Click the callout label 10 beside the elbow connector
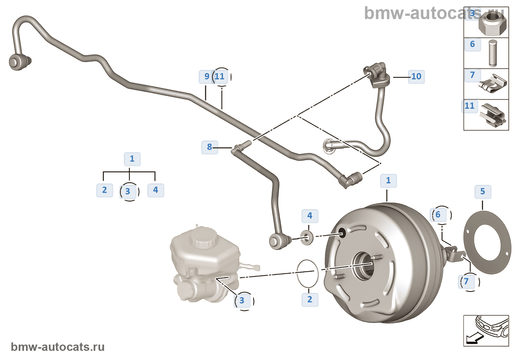(x=416, y=76)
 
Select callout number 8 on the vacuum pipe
(x=210, y=147)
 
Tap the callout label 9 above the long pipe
(x=207, y=76)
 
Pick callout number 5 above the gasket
(x=482, y=191)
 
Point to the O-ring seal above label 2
(x=307, y=274)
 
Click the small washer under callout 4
(x=307, y=238)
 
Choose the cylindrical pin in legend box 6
(x=493, y=53)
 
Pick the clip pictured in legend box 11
(x=493, y=115)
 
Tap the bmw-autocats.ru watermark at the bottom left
(x=58, y=347)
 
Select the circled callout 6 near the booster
(x=438, y=215)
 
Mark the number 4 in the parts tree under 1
(x=156, y=190)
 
